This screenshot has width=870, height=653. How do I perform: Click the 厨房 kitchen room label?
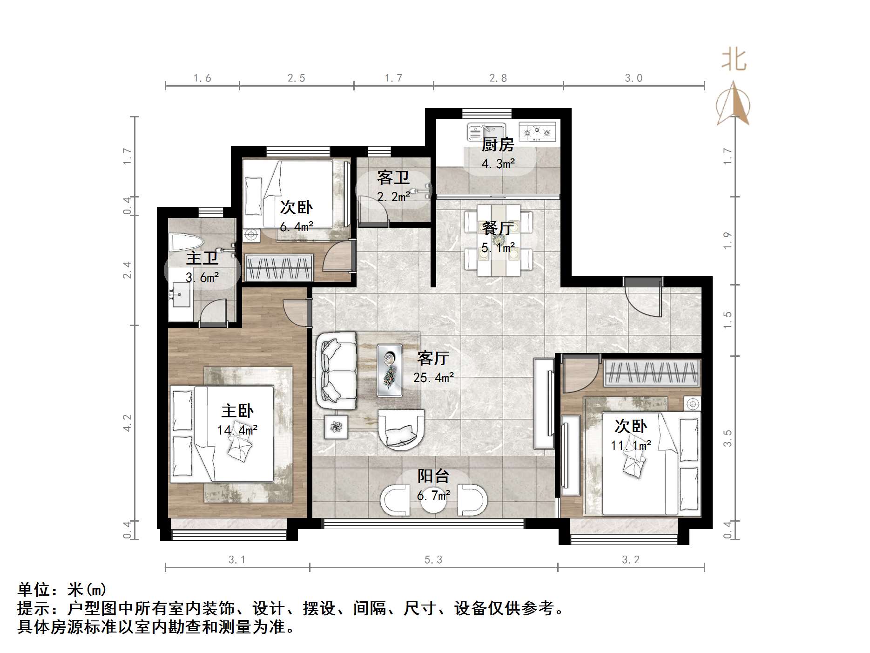(x=498, y=145)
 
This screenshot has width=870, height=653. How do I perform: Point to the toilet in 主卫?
(x=187, y=243)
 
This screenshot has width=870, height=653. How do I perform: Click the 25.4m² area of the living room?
(x=434, y=377)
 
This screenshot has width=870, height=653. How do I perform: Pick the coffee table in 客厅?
(x=390, y=370)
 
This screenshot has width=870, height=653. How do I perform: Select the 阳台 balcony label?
(x=433, y=476)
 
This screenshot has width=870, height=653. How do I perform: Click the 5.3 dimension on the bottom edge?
(x=433, y=559)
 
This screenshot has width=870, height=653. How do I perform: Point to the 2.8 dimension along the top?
(x=498, y=78)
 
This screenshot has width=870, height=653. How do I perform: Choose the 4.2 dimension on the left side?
(x=127, y=423)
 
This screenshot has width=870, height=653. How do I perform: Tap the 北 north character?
(x=734, y=60)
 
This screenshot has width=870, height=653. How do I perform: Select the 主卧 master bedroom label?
(x=237, y=411)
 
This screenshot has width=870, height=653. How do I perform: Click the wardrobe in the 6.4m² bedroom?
(x=278, y=268)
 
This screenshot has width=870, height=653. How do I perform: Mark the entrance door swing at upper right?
(x=643, y=298)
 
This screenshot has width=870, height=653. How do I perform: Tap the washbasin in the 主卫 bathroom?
(x=181, y=294)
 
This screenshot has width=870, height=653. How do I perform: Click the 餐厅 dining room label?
(x=498, y=228)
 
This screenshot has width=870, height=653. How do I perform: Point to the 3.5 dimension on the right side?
(x=728, y=438)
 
